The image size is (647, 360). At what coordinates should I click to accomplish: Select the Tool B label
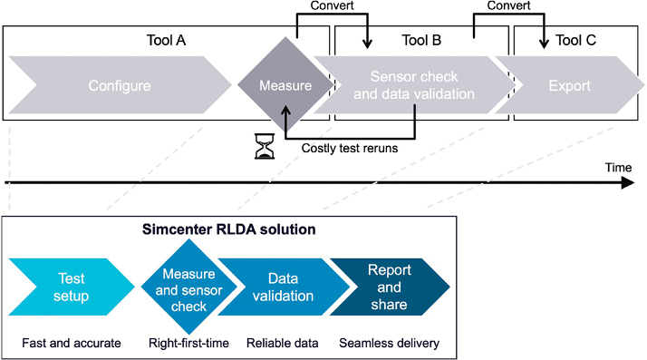(x=421, y=40)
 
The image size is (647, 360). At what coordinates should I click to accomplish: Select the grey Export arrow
(x=569, y=86)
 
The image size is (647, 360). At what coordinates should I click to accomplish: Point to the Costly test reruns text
(x=349, y=149)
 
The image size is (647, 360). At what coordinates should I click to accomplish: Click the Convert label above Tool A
(x=333, y=5)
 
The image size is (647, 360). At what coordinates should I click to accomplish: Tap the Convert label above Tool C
(x=508, y=5)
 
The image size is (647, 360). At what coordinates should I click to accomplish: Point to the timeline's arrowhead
(x=628, y=182)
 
